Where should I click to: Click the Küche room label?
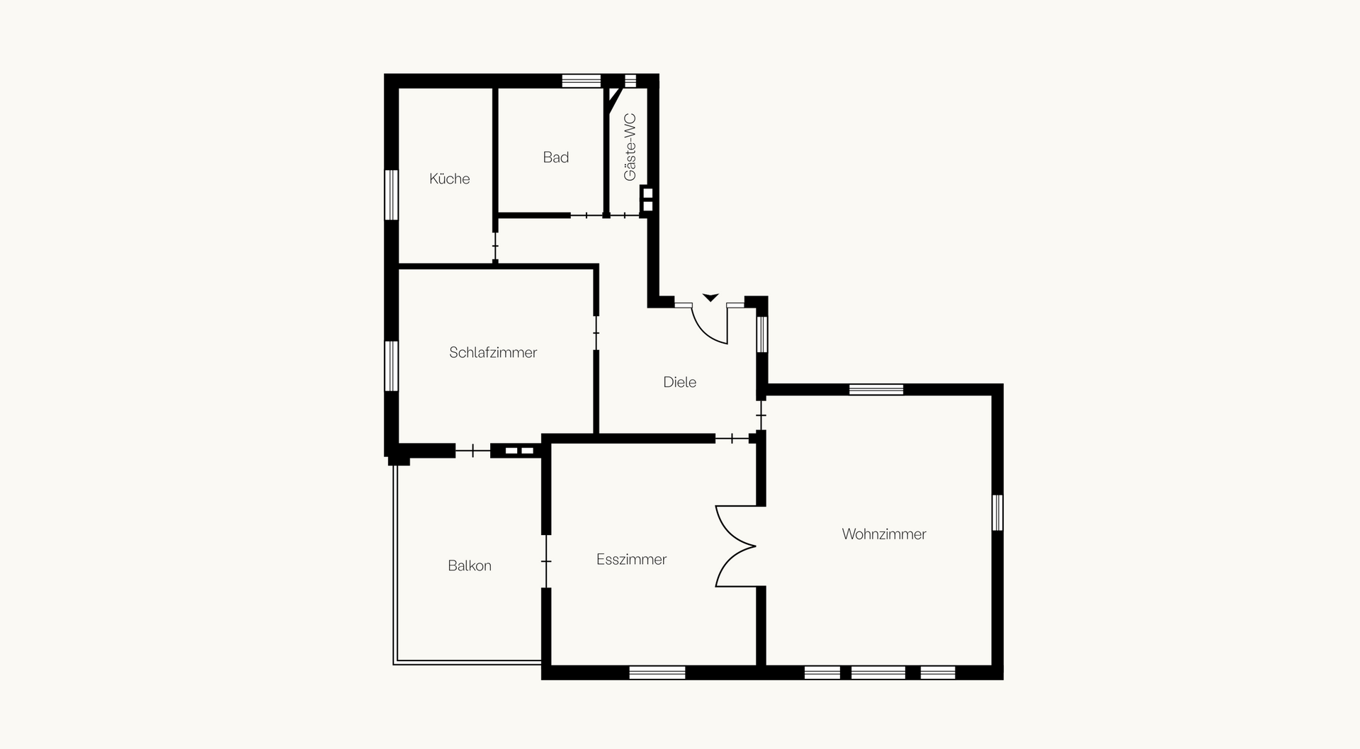click(449, 179)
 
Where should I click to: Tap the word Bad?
click(556, 157)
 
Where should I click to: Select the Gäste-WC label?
click(630, 147)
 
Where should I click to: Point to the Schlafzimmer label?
click(493, 352)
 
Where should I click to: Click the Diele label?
click(680, 382)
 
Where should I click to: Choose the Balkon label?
click(469, 565)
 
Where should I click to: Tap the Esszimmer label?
click(631, 559)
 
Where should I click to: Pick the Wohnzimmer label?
click(884, 534)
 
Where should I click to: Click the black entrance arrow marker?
click(710, 298)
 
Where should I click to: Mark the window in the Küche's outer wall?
click(391, 195)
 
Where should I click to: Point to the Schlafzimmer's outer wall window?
click(391, 366)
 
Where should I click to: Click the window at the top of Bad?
click(582, 80)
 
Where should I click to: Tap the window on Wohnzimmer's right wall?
click(997, 512)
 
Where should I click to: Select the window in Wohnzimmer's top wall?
click(876, 389)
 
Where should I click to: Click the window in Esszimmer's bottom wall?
click(657, 672)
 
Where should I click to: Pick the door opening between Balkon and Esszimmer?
click(546, 561)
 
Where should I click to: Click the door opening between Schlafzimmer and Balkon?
click(473, 451)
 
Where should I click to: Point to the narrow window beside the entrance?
click(762, 334)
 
